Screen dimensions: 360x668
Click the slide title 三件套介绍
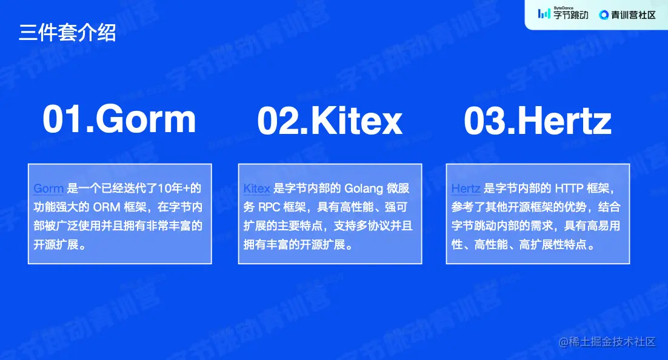point(67,32)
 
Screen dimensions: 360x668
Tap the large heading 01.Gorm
point(119,119)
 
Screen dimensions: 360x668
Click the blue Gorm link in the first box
point(48,188)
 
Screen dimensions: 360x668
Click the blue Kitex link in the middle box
point(256,188)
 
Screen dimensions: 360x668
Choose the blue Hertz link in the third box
point(466,188)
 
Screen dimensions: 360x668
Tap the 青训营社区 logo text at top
point(634,15)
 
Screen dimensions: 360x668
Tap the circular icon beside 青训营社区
point(604,15)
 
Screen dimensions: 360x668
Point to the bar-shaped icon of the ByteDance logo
point(544,14)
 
